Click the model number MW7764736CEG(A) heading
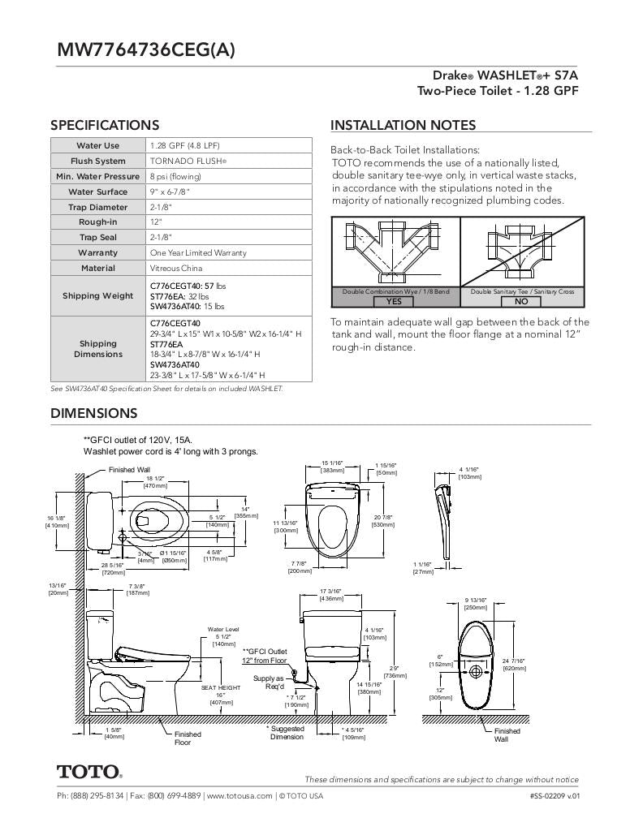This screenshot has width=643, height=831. click(146, 50)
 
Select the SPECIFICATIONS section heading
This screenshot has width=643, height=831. click(105, 125)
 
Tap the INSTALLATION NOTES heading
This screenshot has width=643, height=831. click(403, 125)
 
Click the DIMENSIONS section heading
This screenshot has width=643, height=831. click(94, 413)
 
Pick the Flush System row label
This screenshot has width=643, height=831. click(98, 161)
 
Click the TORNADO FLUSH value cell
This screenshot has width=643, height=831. click(188, 161)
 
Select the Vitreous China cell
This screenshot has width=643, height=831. click(176, 268)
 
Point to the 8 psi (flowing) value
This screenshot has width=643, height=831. click(175, 177)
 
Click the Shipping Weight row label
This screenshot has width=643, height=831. click(98, 295)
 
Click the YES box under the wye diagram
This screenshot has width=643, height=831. click(394, 301)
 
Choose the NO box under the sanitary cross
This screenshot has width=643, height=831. click(521, 301)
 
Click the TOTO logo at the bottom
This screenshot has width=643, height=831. click(89, 772)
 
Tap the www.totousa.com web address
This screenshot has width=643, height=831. click(240, 796)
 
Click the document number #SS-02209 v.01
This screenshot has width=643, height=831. click(554, 796)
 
